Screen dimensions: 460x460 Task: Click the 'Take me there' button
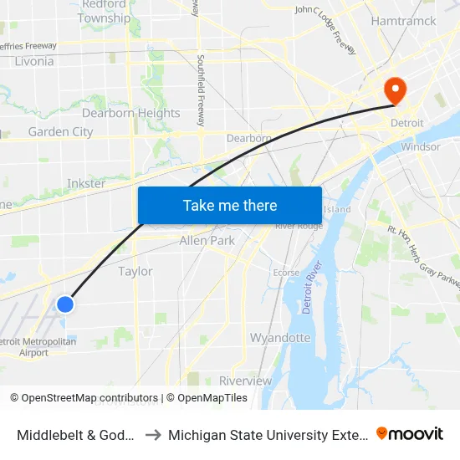pos(230,205)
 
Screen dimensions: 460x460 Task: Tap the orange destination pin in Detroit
pos(393,89)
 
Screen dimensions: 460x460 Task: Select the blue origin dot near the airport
pos(64,304)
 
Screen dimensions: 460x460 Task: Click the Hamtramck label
pos(404,21)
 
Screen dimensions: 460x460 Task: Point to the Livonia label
pos(34,61)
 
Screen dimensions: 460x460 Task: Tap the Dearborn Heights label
pos(130,113)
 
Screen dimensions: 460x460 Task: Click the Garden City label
pos(60,131)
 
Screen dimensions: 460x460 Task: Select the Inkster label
pos(86,184)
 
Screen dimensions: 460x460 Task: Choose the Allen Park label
pos(207,241)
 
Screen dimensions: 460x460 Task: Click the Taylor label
pos(135,271)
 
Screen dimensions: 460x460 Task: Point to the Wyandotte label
pos(280,338)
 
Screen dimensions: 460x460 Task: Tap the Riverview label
pos(245,381)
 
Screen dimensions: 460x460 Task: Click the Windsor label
pos(421,146)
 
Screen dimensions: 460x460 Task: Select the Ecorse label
pos(287,272)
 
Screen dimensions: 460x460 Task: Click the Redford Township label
pos(105,12)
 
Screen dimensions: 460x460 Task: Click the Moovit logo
pos(410,434)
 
